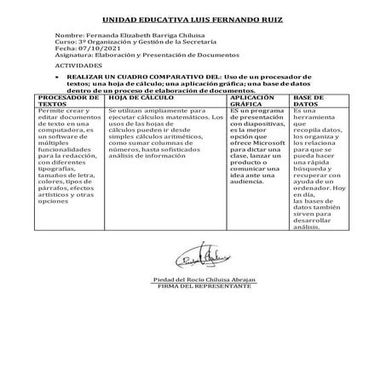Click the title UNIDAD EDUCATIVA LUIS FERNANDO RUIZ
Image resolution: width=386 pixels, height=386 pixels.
point(193,18)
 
